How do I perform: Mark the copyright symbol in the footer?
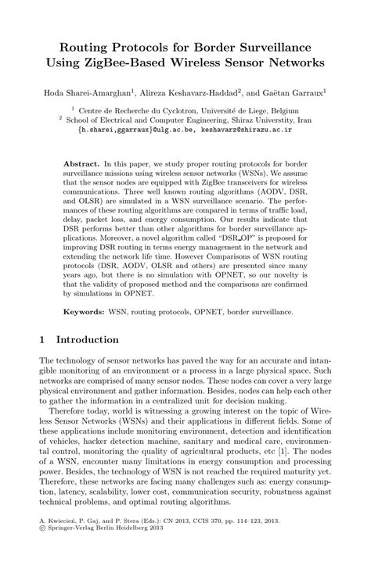[41, 547]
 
